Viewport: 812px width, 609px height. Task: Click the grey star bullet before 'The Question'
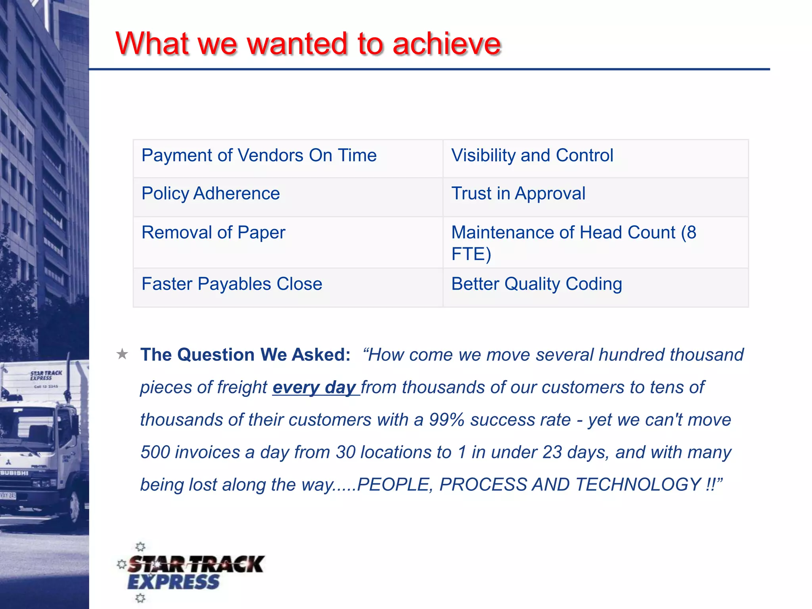pyautogui.click(x=122, y=354)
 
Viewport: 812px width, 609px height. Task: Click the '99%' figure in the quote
pyautogui.click(x=447, y=420)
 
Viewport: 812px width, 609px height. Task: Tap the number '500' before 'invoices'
pyautogui.click(x=155, y=452)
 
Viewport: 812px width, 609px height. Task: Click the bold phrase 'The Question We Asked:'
pyautogui.click(x=245, y=355)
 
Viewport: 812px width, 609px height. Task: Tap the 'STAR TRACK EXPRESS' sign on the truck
pyautogui.click(x=46, y=375)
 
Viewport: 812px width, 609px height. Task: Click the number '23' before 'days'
pyautogui.click(x=552, y=452)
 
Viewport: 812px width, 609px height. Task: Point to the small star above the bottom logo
pyautogui.click(x=140, y=547)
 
